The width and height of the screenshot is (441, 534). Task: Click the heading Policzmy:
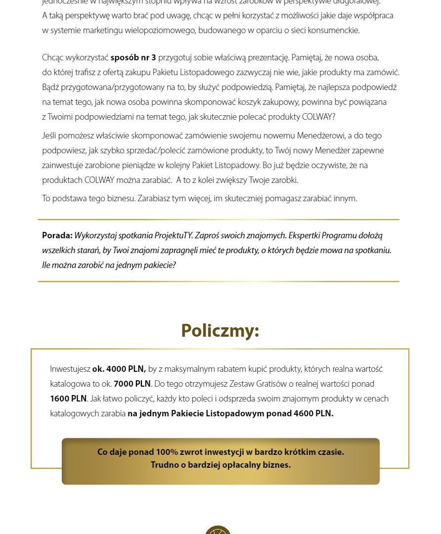tap(220, 330)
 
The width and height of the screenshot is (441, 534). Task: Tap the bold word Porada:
tap(57, 235)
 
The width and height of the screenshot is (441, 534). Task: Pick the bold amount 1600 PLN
tap(68, 399)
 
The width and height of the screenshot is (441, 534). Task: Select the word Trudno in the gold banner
tap(165, 465)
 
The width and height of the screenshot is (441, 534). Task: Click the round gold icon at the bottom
tap(218, 530)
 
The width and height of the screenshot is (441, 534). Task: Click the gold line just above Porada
tap(218, 219)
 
